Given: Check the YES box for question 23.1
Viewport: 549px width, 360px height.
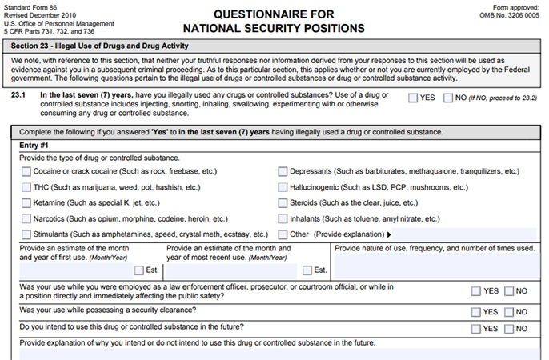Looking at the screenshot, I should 412,98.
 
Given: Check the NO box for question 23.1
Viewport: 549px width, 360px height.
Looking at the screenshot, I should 447,98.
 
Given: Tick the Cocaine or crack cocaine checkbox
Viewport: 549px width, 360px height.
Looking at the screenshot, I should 27,171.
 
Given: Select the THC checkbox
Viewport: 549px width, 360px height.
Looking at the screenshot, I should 27,187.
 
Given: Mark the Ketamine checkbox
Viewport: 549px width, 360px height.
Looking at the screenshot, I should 27,203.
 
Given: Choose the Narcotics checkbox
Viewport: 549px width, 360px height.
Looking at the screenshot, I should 27,218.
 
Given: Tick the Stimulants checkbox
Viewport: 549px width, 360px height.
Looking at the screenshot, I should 27,234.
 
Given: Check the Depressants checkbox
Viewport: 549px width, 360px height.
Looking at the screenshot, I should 283,171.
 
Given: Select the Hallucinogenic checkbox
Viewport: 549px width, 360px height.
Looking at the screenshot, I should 283,187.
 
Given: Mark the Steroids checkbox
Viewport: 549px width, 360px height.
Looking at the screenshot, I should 283,203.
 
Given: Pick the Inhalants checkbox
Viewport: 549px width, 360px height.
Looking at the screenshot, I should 283,218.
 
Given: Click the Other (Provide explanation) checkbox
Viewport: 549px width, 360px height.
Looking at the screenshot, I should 283,234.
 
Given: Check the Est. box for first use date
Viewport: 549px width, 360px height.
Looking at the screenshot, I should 140,270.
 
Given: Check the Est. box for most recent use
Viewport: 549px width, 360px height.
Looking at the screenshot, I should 307,270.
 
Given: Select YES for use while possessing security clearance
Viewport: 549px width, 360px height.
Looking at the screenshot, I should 477,312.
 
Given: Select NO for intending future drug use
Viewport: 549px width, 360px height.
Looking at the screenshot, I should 510,329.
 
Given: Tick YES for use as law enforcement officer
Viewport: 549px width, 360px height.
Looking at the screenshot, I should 477,291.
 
